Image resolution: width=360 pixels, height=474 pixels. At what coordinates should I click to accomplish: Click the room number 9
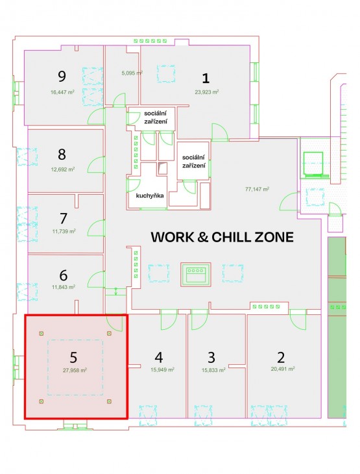pos(62,76)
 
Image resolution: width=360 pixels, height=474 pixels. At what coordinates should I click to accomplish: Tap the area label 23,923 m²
pos(206,92)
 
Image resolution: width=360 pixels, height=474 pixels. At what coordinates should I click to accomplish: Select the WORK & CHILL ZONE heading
pos(222,237)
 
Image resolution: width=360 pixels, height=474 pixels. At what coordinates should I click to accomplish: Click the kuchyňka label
pos(150,195)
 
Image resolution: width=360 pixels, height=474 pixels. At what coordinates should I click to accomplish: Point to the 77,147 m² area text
pos(257,189)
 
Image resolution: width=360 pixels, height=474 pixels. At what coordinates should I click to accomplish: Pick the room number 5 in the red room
pos(73,357)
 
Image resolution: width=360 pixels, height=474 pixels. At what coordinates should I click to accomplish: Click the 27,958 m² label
pos(75,370)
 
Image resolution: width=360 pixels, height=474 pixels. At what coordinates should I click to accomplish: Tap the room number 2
pos(281,357)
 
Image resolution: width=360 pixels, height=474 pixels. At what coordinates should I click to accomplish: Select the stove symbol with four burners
pos(196,274)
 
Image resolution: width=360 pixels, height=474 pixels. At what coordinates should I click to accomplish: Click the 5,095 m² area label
pos(132,73)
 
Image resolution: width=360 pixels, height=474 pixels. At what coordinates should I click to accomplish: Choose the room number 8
pos(62,155)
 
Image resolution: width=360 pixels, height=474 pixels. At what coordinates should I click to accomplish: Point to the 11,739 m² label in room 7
pos(64,232)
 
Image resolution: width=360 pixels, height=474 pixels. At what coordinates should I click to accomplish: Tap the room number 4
pos(159,357)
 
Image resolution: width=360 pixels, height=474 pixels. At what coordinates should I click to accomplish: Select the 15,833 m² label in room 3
pos(213,370)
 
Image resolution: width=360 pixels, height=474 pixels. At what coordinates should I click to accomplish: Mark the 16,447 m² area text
pos(62,92)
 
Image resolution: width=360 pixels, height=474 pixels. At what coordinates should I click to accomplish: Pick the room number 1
pos(206,79)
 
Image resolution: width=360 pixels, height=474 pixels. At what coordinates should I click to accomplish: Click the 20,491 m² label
pos(283,369)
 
